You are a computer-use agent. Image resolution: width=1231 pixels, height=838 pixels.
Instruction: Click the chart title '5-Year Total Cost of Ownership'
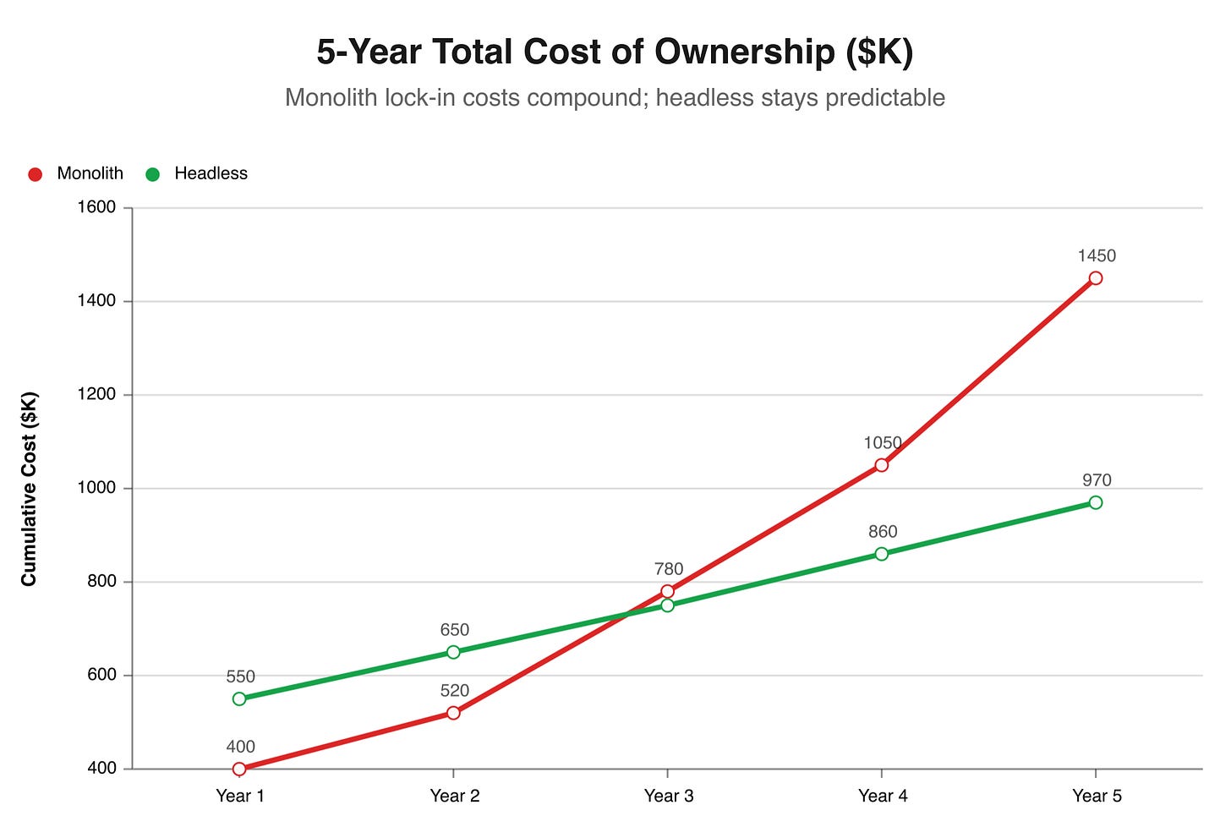pos(615,52)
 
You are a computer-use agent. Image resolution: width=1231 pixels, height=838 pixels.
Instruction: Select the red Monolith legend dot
pos(36,174)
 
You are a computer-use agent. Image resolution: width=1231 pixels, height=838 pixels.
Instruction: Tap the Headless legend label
pos(211,173)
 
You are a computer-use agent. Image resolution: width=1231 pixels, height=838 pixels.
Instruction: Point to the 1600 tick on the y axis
pos(96,208)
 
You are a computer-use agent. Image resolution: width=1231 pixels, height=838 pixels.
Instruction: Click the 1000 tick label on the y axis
pos(96,489)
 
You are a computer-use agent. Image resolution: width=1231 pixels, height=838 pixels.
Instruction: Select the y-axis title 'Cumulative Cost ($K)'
pos(30,489)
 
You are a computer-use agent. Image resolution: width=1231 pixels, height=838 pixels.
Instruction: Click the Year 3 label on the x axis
pos(668,796)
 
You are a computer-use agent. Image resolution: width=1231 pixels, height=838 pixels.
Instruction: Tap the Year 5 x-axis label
pos(1097,796)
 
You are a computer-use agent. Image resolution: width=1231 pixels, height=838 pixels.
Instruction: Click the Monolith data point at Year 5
pos(1096,278)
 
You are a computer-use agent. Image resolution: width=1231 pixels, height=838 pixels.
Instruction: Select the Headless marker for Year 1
pos(239,699)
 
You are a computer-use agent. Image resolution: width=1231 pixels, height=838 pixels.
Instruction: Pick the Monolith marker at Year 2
pos(453,713)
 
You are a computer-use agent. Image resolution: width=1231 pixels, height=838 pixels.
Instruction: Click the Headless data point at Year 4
pos(882,554)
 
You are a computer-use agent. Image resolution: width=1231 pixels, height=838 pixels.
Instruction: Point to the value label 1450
pos(1097,256)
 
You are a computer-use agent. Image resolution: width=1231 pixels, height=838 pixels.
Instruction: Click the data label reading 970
pos(1097,480)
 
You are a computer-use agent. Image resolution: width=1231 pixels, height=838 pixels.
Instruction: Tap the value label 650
pos(454,630)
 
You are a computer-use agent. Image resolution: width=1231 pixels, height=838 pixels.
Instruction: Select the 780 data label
pos(668,569)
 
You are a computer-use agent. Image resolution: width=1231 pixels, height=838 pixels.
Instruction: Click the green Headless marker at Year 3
pos(668,605)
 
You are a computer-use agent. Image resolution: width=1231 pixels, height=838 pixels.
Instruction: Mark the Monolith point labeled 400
pos(239,769)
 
